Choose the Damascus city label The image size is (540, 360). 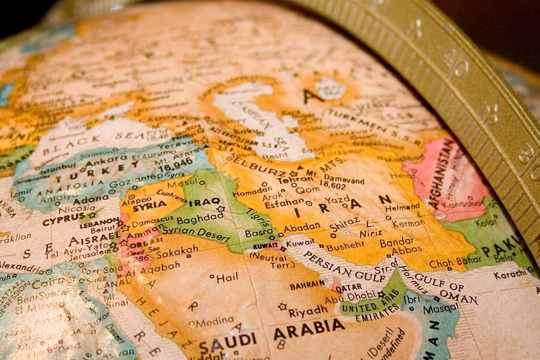tap(152, 221)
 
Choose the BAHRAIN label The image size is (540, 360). tap(307, 286)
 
